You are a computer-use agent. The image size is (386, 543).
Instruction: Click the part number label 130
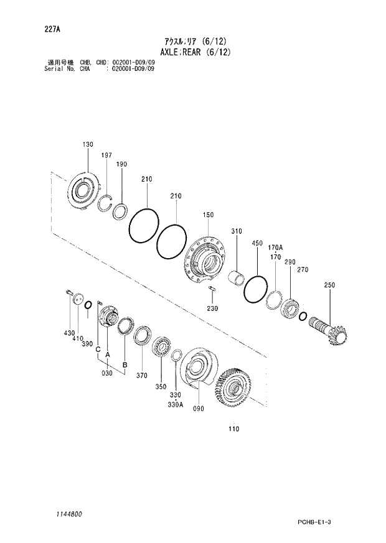pyautogui.click(x=88, y=144)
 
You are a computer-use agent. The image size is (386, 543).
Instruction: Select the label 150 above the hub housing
pyautogui.click(x=207, y=215)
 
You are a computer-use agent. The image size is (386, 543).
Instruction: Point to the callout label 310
pyautogui.click(x=237, y=231)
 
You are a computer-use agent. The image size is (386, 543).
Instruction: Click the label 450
pyautogui.click(x=257, y=243)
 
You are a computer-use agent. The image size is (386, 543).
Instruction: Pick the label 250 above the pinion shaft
pyautogui.click(x=329, y=285)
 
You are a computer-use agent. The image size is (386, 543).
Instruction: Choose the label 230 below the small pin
pyautogui.click(x=213, y=309)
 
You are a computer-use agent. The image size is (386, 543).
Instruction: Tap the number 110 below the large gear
pyautogui.click(x=233, y=429)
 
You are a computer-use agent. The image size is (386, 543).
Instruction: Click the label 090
pyautogui.click(x=199, y=408)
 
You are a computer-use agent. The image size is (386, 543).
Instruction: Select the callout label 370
pyautogui.click(x=142, y=375)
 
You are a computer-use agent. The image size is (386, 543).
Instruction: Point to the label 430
pyautogui.click(x=68, y=333)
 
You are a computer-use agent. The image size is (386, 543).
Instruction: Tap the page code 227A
pyautogui.click(x=54, y=28)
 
